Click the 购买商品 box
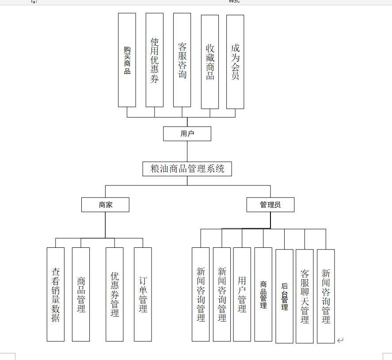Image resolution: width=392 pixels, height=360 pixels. tap(127, 60)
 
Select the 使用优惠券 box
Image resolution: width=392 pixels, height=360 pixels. tap(155, 60)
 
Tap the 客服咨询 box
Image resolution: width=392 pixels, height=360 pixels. tap(182, 60)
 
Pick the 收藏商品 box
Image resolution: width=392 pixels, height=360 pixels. tap(210, 62)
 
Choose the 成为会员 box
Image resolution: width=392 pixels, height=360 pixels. tap(235, 62)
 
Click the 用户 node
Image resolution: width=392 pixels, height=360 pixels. tap(187, 133)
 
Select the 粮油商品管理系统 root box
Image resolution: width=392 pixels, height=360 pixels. tap(187, 169)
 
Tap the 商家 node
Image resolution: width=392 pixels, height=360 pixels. tap(105, 205)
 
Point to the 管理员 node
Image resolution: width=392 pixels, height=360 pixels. tap(270, 205)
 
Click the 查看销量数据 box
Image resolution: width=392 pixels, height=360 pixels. tap(56, 294)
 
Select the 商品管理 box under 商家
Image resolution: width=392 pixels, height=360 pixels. tap(81, 294)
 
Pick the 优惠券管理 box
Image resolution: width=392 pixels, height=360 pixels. tap(114, 294)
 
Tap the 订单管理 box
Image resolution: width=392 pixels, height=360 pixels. tap(143, 294)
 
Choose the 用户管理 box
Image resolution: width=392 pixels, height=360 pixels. tap(242, 294)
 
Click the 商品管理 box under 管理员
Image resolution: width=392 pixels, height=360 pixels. tap(263, 294)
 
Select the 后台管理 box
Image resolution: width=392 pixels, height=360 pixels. tap(285, 296)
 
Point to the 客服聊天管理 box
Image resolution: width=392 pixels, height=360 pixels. tap(304, 296)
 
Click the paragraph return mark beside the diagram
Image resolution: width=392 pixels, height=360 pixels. tap(340, 340)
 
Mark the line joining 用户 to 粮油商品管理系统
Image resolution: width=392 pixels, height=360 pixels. tap(187, 152)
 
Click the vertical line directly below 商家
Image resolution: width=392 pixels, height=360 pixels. tap(105, 225)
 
